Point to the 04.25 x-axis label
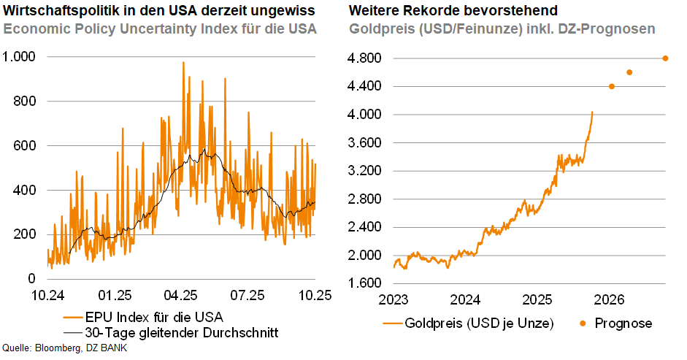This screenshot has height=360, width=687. point(180,296)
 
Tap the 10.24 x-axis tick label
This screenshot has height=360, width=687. point(47,296)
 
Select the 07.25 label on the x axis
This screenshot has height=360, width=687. point(247,296)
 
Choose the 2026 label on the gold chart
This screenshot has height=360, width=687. point(609,299)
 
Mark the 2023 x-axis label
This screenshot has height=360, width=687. point(394,299)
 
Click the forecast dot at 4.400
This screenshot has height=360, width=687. point(612,86)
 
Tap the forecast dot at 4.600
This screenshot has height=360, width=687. point(629,72)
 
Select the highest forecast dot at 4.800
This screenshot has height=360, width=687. point(665,58)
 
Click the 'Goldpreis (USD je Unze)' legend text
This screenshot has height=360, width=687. point(479,323)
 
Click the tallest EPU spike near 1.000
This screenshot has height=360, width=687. point(183,63)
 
